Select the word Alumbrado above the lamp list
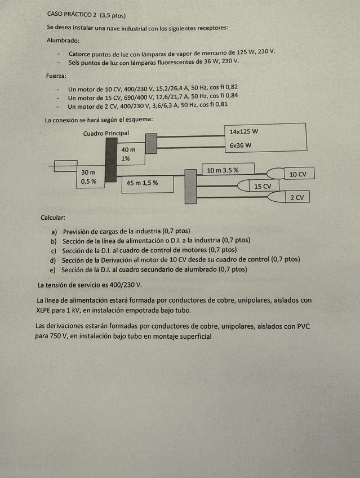[x=63, y=40]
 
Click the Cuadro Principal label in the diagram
[x=106, y=134]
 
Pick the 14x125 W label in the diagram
[x=244, y=131]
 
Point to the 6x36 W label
[x=241, y=145]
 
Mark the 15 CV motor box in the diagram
[x=263, y=186]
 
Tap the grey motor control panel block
[x=190, y=186]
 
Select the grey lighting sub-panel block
[x=151, y=141]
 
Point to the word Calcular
[x=53, y=217]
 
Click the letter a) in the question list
[x=54, y=231]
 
